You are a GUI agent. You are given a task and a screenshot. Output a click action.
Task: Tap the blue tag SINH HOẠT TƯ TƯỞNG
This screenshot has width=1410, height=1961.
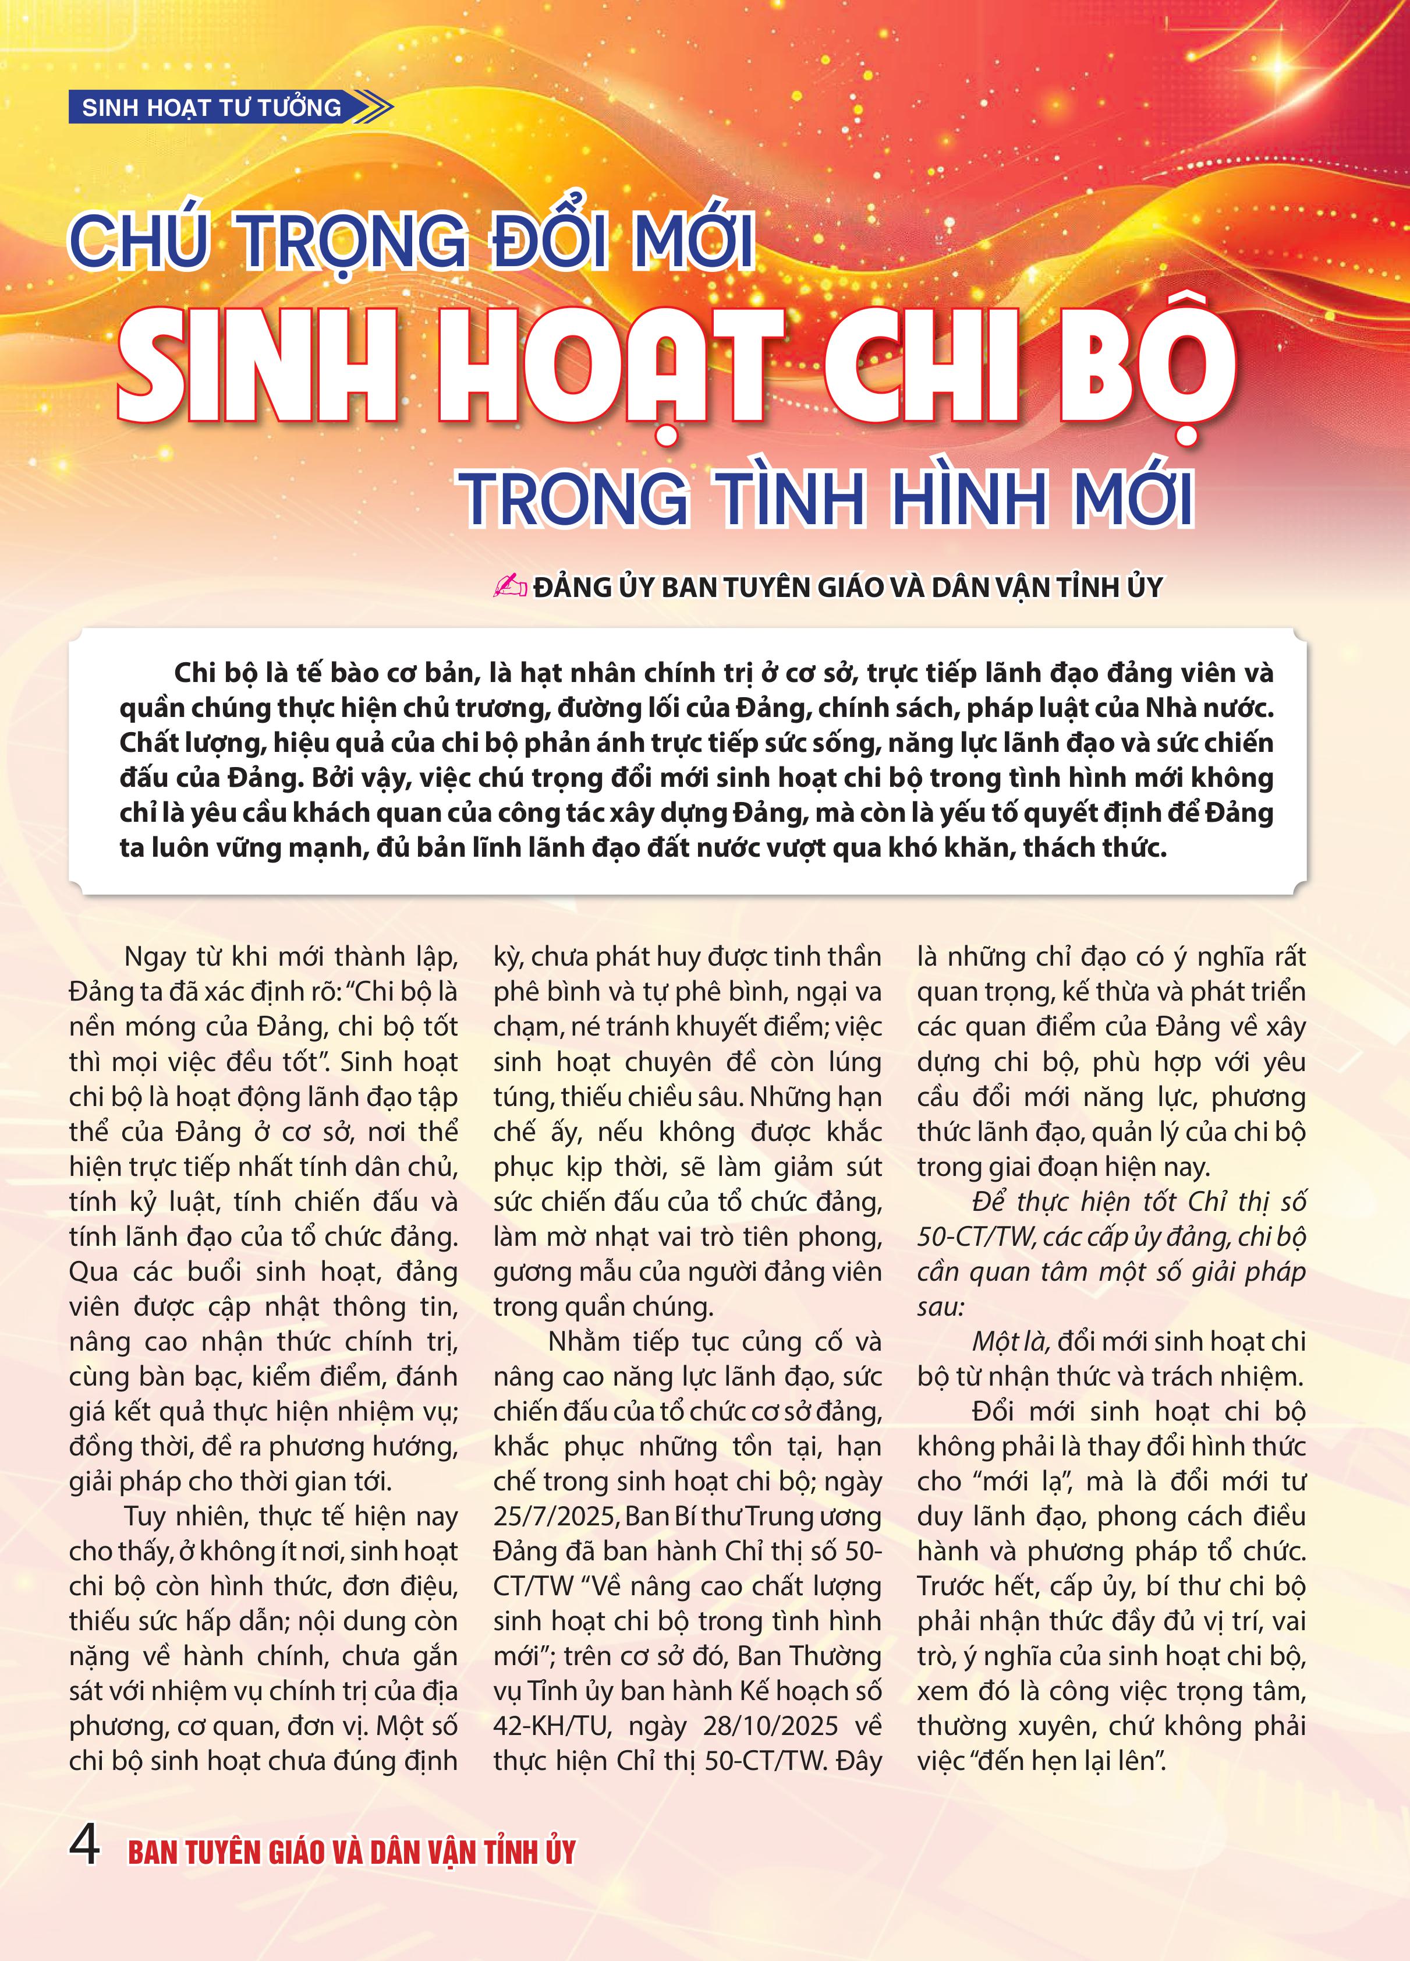pyautogui.click(x=212, y=108)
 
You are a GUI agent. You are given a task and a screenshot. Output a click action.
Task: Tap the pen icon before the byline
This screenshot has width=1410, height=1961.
pyautogui.click(x=509, y=586)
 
